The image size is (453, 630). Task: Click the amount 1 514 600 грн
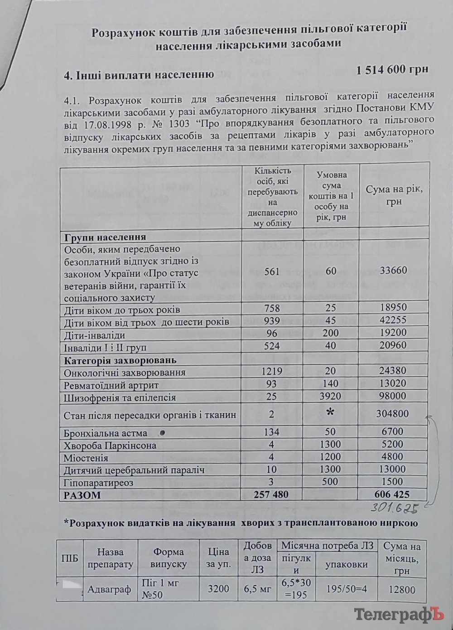tap(392, 70)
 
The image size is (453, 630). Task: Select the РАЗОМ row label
tap(82, 495)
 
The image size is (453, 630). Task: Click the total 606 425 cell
tap(393, 495)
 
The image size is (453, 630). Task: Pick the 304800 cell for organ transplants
tap(392, 413)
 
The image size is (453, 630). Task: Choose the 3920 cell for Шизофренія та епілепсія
tap(331, 397)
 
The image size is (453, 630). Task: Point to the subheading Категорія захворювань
tap(120, 361)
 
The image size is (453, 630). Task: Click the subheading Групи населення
tap(105, 237)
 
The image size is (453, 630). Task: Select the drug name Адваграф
tap(109, 590)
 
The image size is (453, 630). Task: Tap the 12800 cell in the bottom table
tap(401, 590)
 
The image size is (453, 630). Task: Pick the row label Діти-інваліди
tap(95, 335)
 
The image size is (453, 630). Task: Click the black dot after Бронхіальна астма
tap(162, 432)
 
